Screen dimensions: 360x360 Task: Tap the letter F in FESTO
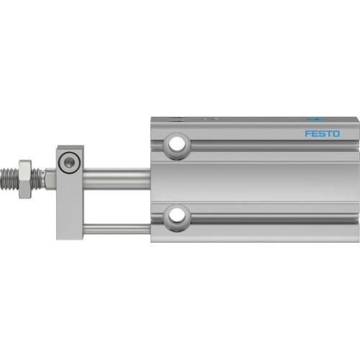pyautogui.click(x=307, y=133)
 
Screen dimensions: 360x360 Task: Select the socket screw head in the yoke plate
pyautogui.click(x=68, y=163)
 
